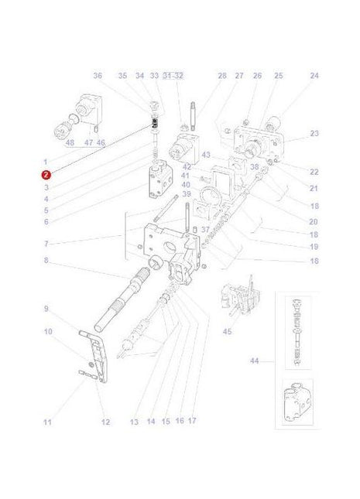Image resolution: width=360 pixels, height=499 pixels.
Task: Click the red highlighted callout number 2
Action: pyautogui.click(x=46, y=175)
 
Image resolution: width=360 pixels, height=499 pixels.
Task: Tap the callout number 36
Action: pyautogui.click(x=98, y=76)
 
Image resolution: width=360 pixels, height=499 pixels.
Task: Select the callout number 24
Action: pyautogui.click(x=314, y=76)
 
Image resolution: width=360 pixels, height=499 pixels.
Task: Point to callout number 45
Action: pyautogui.click(x=227, y=332)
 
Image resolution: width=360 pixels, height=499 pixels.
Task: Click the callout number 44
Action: pyautogui.click(x=255, y=361)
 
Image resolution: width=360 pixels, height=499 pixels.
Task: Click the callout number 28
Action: pyautogui.click(x=221, y=76)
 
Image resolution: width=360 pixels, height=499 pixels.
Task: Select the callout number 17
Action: pyautogui.click(x=192, y=422)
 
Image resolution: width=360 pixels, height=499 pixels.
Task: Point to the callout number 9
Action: pyautogui.click(x=46, y=309)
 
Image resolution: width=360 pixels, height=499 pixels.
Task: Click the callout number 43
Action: pyautogui.click(x=205, y=155)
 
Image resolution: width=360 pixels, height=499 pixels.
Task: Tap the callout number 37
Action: pyautogui.click(x=206, y=229)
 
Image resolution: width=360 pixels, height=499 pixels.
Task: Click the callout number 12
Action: pyautogui.click(x=105, y=422)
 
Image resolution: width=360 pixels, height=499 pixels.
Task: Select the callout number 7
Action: pyautogui.click(x=46, y=244)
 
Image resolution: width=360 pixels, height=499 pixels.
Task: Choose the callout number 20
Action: pyautogui.click(x=314, y=221)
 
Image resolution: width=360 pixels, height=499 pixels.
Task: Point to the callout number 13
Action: pyautogui.click(x=134, y=422)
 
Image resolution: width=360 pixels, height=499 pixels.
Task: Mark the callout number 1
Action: pyautogui.click(x=46, y=162)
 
